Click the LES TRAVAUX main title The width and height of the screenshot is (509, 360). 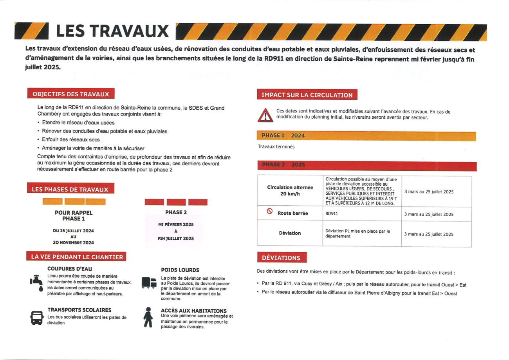(x=112, y=31)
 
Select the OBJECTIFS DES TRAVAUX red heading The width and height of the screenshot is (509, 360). (x=70, y=94)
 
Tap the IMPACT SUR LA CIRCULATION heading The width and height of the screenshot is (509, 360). (x=307, y=95)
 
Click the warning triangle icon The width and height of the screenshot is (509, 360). (x=265, y=115)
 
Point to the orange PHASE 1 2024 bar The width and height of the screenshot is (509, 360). (x=366, y=136)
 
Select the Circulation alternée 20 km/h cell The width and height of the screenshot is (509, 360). (x=290, y=190)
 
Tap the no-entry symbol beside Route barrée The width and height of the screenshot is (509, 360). (x=269, y=212)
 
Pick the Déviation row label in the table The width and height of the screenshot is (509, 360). (x=290, y=233)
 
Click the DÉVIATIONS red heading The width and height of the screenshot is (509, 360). (x=282, y=258)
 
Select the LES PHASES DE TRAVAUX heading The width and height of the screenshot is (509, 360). (x=70, y=189)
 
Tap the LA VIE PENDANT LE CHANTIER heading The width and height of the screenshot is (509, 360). (x=77, y=257)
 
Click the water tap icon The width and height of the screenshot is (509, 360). (x=36, y=282)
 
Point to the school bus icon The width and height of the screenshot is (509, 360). (x=37, y=317)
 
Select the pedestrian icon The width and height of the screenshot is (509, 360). (x=148, y=317)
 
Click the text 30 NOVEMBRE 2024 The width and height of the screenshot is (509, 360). (x=73, y=242)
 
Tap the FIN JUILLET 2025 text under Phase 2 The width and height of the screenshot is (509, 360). (x=176, y=238)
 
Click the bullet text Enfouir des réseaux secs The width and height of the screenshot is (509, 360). (x=71, y=139)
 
